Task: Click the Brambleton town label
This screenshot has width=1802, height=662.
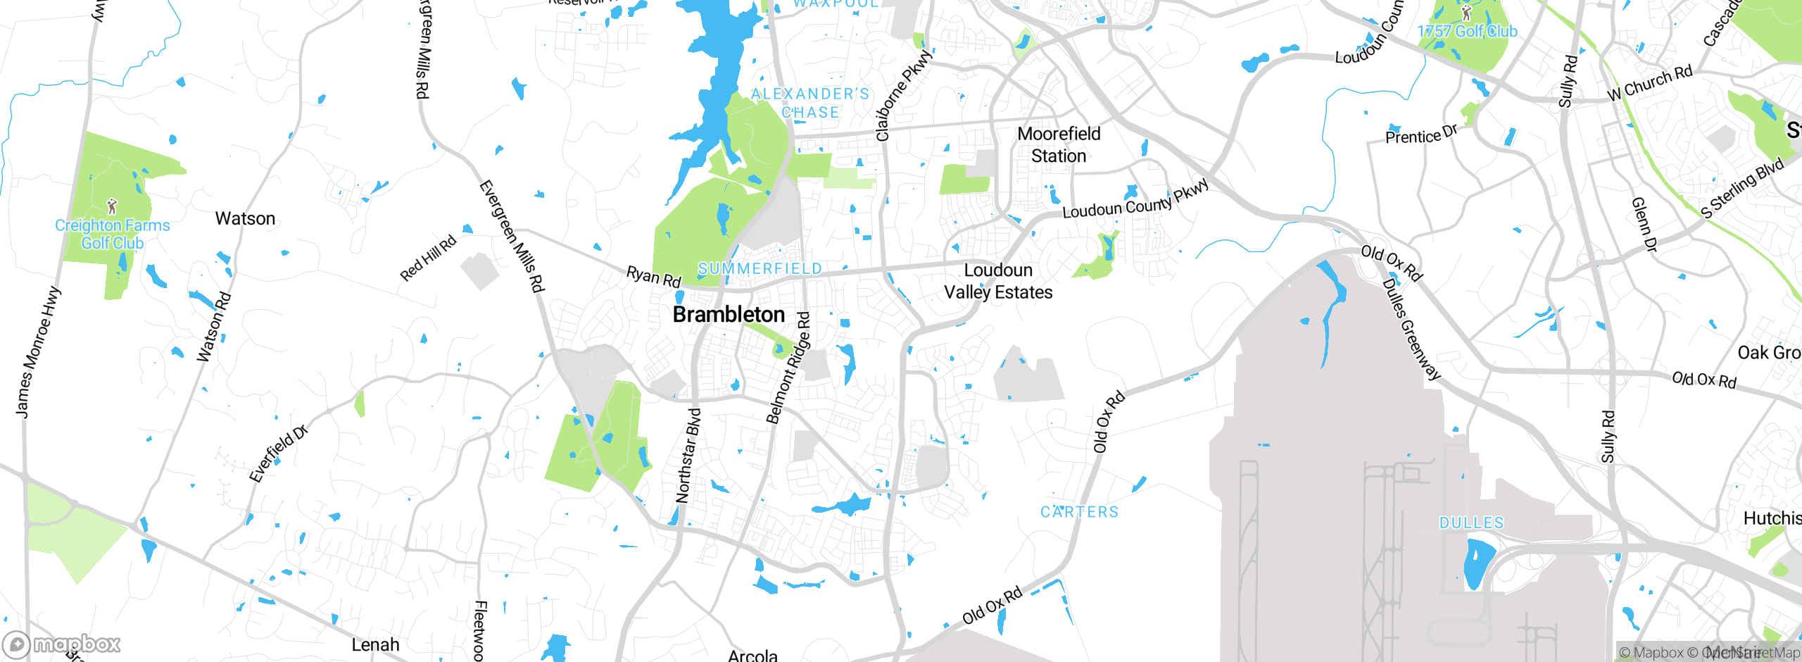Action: tap(729, 315)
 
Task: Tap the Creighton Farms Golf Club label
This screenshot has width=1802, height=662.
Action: tap(113, 234)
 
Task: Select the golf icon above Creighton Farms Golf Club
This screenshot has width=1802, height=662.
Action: tap(112, 206)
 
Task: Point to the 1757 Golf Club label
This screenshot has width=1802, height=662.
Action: tap(1467, 32)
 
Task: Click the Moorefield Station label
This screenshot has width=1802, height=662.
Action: tap(1059, 144)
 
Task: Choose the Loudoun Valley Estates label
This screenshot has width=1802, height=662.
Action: tap(998, 281)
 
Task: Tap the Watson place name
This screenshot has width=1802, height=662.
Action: tap(245, 218)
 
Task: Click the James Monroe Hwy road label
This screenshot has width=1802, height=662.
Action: tap(38, 351)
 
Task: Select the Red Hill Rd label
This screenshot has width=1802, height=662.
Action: tap(428, 258)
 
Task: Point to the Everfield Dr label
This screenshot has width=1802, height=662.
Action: tap(279, 454)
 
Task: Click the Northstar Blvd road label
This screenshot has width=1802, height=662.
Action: tap(688, 456)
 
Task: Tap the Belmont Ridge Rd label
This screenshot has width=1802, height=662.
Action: tap(788, 368)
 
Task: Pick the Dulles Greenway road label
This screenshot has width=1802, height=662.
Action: tap(1411, 329)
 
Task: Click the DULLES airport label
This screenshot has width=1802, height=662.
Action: tap(1471, 523)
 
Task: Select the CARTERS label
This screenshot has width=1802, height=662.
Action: tap(1080, 512)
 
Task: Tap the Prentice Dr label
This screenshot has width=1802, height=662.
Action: tap(1421, 135)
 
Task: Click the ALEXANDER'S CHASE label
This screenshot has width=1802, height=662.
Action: tap(810, 103)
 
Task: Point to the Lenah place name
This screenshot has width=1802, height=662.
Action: tap(375, 644)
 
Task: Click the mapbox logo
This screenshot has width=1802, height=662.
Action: tap(62, 644)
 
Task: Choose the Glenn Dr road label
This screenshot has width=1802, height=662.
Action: tap(1644, 225)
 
